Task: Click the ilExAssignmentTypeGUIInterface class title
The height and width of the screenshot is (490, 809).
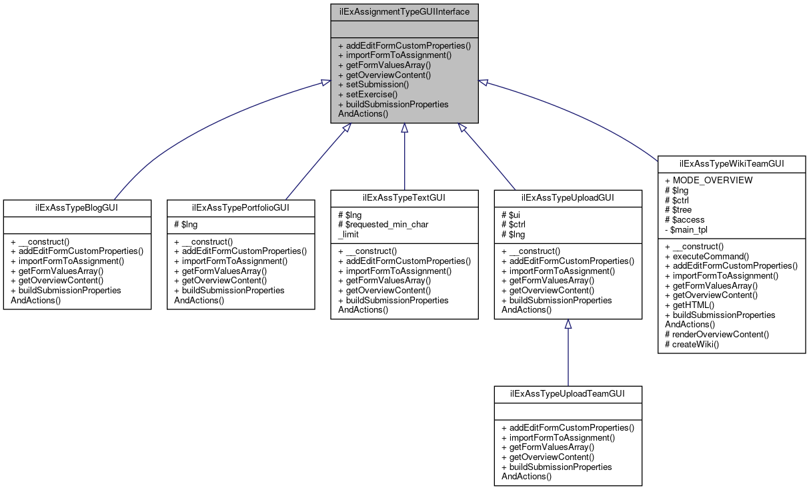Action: (404, 11)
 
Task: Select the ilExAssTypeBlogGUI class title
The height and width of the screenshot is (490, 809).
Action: (77, 207)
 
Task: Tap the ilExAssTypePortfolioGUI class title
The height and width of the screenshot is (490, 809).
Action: (240, 207)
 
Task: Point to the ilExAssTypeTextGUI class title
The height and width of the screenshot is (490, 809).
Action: (404, 197)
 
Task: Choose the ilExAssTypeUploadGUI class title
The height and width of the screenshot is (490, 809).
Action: (568, 197)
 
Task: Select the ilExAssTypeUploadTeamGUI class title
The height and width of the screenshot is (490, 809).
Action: (568, 393)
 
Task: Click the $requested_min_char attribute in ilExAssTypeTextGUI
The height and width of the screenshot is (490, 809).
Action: (383, 225)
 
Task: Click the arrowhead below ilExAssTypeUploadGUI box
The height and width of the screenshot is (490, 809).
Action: (568, 324)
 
